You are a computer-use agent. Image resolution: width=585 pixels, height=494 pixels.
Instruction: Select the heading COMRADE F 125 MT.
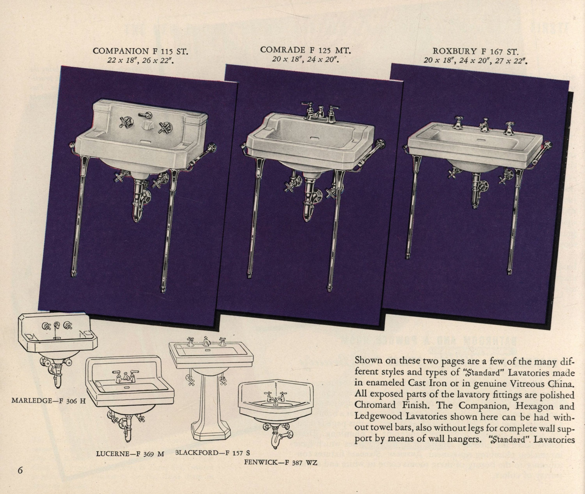pos(305,50)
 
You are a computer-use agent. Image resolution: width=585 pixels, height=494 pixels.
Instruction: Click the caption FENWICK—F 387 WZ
pos(281,463)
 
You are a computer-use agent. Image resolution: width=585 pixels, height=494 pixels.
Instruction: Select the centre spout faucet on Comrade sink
pos(318,113)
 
